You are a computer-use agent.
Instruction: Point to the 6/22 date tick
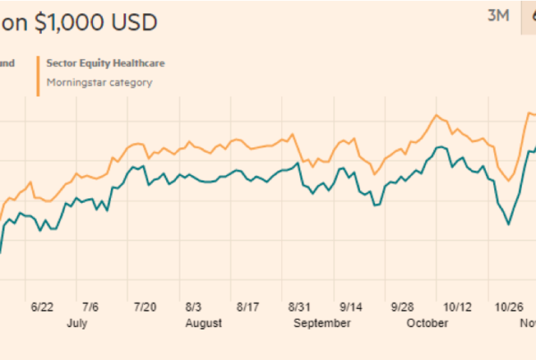42,306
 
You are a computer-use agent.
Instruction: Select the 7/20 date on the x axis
145,306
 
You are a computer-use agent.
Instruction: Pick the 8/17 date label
247,306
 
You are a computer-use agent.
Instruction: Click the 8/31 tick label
299,306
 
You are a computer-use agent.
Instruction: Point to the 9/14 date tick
351,306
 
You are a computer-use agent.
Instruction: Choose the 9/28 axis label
403,306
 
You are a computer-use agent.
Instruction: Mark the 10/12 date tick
456,306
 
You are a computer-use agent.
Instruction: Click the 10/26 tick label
507,306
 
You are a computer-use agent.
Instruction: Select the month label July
77,323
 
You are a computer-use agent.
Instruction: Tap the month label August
204,323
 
